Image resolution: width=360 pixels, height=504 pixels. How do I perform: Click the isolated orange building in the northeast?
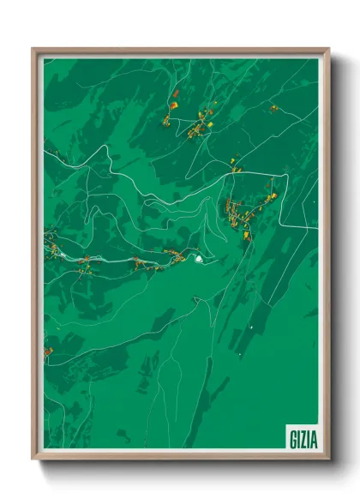tap(274, 108)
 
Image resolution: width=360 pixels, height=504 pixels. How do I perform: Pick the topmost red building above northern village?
tap(175, 93)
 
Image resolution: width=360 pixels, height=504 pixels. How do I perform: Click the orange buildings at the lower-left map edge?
tap(48, 351)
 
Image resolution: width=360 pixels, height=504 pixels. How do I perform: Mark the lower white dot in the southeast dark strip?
tap(240, 353)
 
